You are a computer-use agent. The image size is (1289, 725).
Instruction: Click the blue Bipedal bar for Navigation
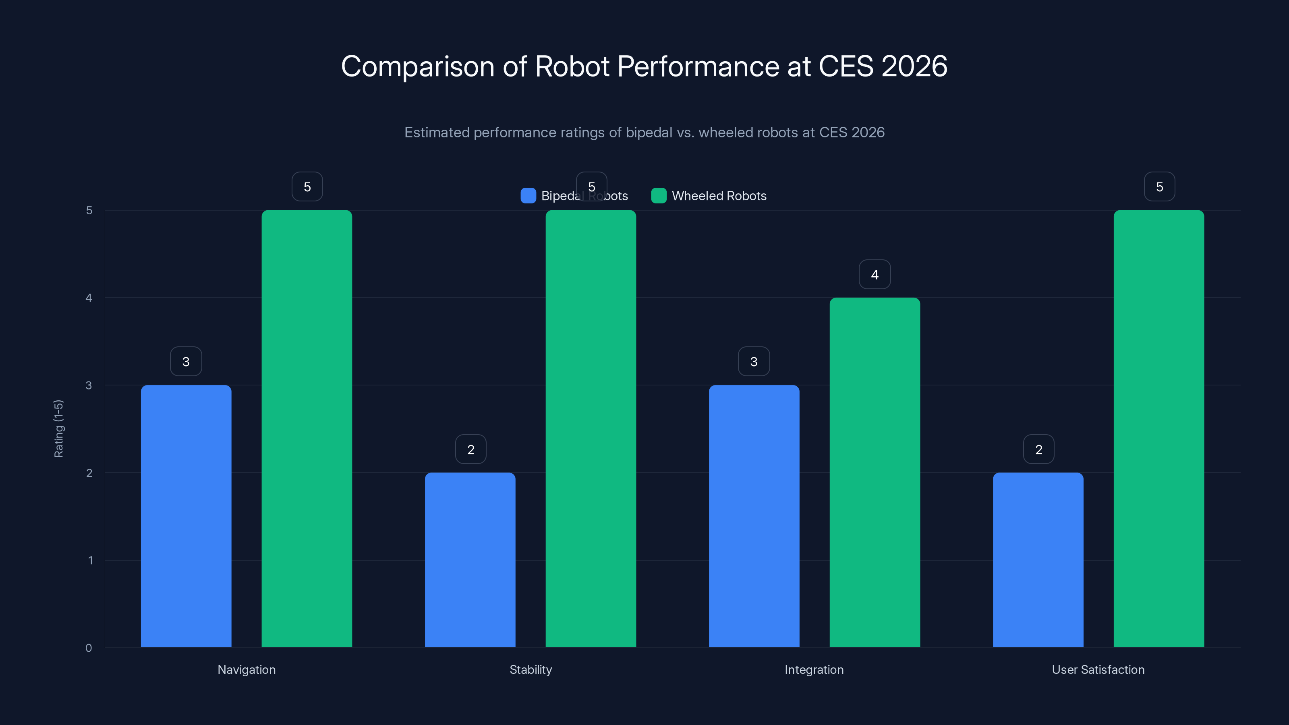(186, 516)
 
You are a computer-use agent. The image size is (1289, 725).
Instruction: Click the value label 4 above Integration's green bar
(875, 274)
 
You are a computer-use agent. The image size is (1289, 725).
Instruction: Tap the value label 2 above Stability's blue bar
(470, 449)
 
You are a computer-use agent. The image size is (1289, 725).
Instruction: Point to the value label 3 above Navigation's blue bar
(186, 361)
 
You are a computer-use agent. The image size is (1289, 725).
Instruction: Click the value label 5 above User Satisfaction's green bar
(1159, 186)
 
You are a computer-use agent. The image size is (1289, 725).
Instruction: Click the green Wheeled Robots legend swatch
(659, 196)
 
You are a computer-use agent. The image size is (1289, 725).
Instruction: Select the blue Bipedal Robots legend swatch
(528, 196)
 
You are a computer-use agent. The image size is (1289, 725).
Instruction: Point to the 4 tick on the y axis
(89, 298)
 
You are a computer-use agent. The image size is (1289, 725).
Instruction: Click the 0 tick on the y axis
(89, 648)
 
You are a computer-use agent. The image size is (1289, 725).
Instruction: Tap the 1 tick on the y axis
(90, 560)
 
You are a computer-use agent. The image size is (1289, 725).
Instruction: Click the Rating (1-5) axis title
(58, 428)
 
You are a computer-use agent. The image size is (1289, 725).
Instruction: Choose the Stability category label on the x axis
(531, 669)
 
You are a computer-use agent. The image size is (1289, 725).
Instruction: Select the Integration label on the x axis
(814, 669)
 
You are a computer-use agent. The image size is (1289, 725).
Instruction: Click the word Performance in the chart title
(698, 66)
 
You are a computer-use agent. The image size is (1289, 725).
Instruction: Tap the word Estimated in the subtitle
(436, 132)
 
